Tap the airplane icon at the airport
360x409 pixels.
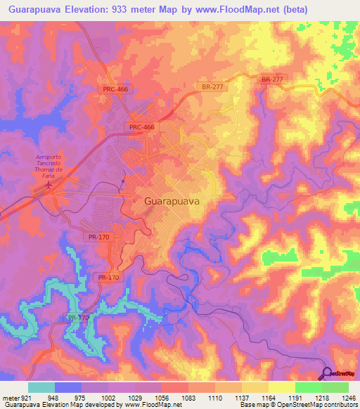(x=49, y=186)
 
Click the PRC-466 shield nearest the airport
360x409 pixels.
(x=141, y=126)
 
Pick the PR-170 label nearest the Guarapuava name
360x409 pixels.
(x=101, y=238)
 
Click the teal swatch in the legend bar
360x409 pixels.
(x=41, y=387)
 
